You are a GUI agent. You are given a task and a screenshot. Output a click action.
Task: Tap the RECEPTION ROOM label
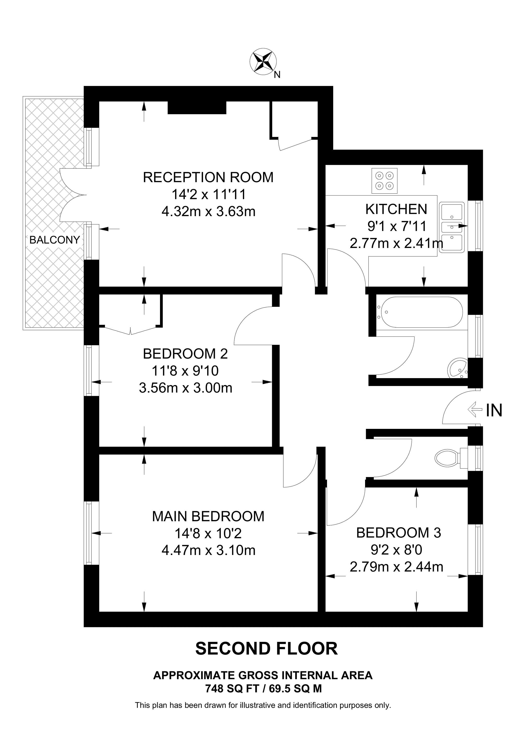pyautogui.click(x=208, y=178)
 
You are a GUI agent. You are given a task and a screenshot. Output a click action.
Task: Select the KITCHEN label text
pyautogui.click(x=396, y=209)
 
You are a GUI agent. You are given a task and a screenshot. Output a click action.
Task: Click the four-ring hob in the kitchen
pyautogui.click(x=384, y=181)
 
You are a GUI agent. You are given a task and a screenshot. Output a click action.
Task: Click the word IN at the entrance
pyautogui.click(x=494, y=410)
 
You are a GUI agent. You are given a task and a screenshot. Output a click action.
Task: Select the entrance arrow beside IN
pyautogui.click(x=475, y=410)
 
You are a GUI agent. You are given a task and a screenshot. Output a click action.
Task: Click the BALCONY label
pyautogui.click(x=55, y=240)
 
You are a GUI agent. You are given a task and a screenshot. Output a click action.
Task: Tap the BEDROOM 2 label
pyautogui.click(x=185, y=354)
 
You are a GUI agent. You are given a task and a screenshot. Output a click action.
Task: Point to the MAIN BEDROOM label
pyautogui.click(x=208, y=516)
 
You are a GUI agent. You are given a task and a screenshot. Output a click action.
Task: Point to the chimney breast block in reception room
pyautogui.click(x=197, y=108)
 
